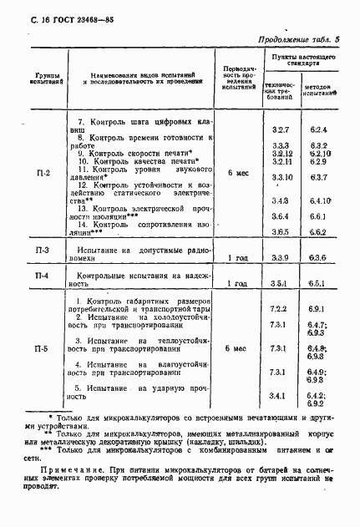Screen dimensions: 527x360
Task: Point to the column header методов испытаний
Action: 318,89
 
